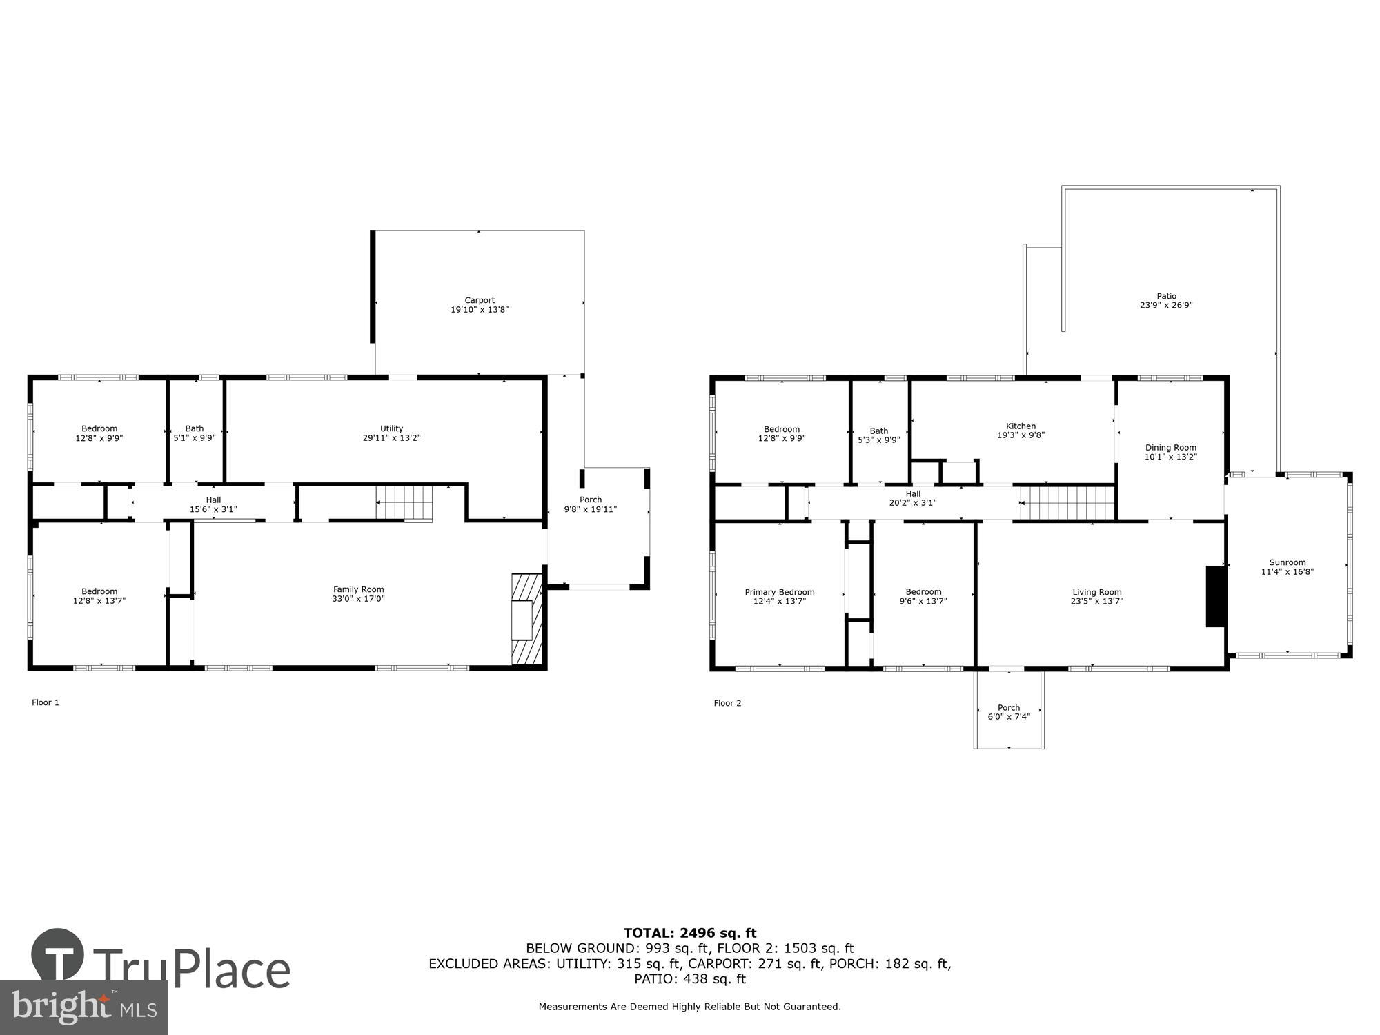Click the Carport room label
pyautogui.click(x=480, y=300)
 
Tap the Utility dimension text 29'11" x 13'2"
pyautogui.click(x=391, y=438)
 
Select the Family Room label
pyautogui.click(x=358, y=589)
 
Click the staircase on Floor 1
pyautogui.click(x=404, y=503)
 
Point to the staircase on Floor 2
pyautogui.click(x=1067, y=502)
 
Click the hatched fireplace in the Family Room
pyautogui.click(x=526, y=619)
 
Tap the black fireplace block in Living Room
pyautogui.click(x=1214, y=596)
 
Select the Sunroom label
pyautogui.click(x=1287, y=562)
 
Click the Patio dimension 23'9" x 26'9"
pyautogui.click(x=1166, y=305)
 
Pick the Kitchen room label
pyautogui.click(x=1021, y=426)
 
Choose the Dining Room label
pyautogui.click(x=1170, y=448)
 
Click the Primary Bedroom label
pyautogui.click(x=779, y=592)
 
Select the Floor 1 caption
pyautogui.click(x=46, y=702)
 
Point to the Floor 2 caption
pyautogui.click(x=727, y=703)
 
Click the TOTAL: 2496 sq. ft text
pyautogui.click(x=689, y=934)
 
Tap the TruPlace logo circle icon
pyautogui.click(x=58, y=956)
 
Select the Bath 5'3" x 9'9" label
pyautogui.click(x=878, y=435)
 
